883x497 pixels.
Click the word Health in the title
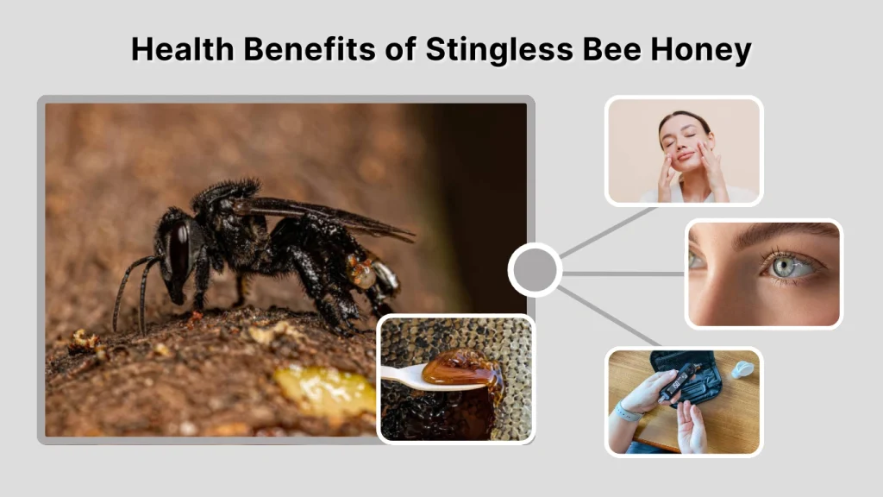click(x=183, y=49)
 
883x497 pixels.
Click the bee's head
click(x=177, y=255)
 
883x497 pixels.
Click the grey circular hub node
click(x=535, y=270)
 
